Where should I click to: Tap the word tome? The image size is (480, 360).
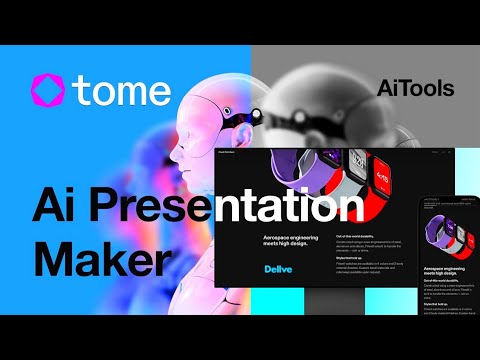[124, 90]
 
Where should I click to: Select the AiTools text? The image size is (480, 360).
[415, 89]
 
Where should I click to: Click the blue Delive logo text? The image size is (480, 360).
[278, 269]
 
